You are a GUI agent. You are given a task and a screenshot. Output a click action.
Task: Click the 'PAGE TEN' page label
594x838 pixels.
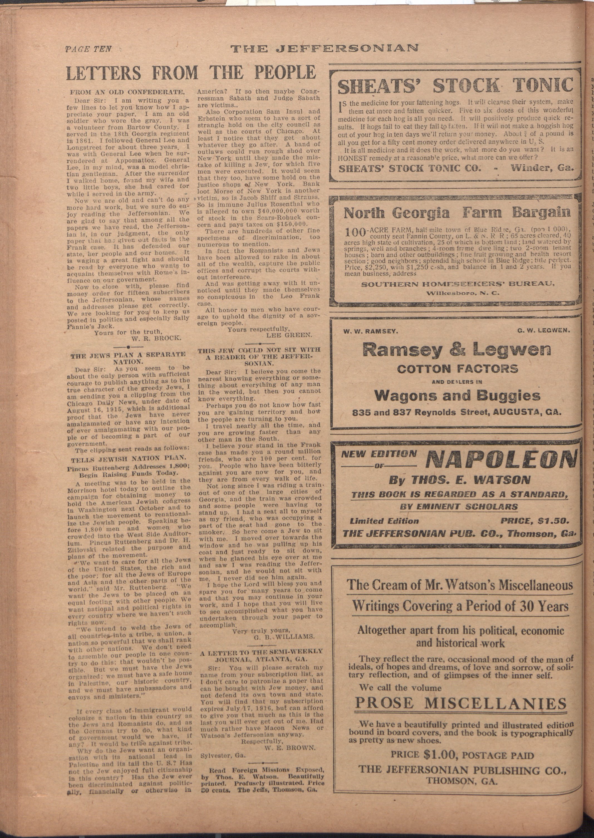[x=88, y=49]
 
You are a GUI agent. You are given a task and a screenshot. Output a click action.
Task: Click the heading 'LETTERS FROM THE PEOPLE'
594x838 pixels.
[x=191, y=72]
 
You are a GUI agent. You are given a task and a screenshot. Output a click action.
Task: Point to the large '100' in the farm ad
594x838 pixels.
[x=355, y=232]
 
